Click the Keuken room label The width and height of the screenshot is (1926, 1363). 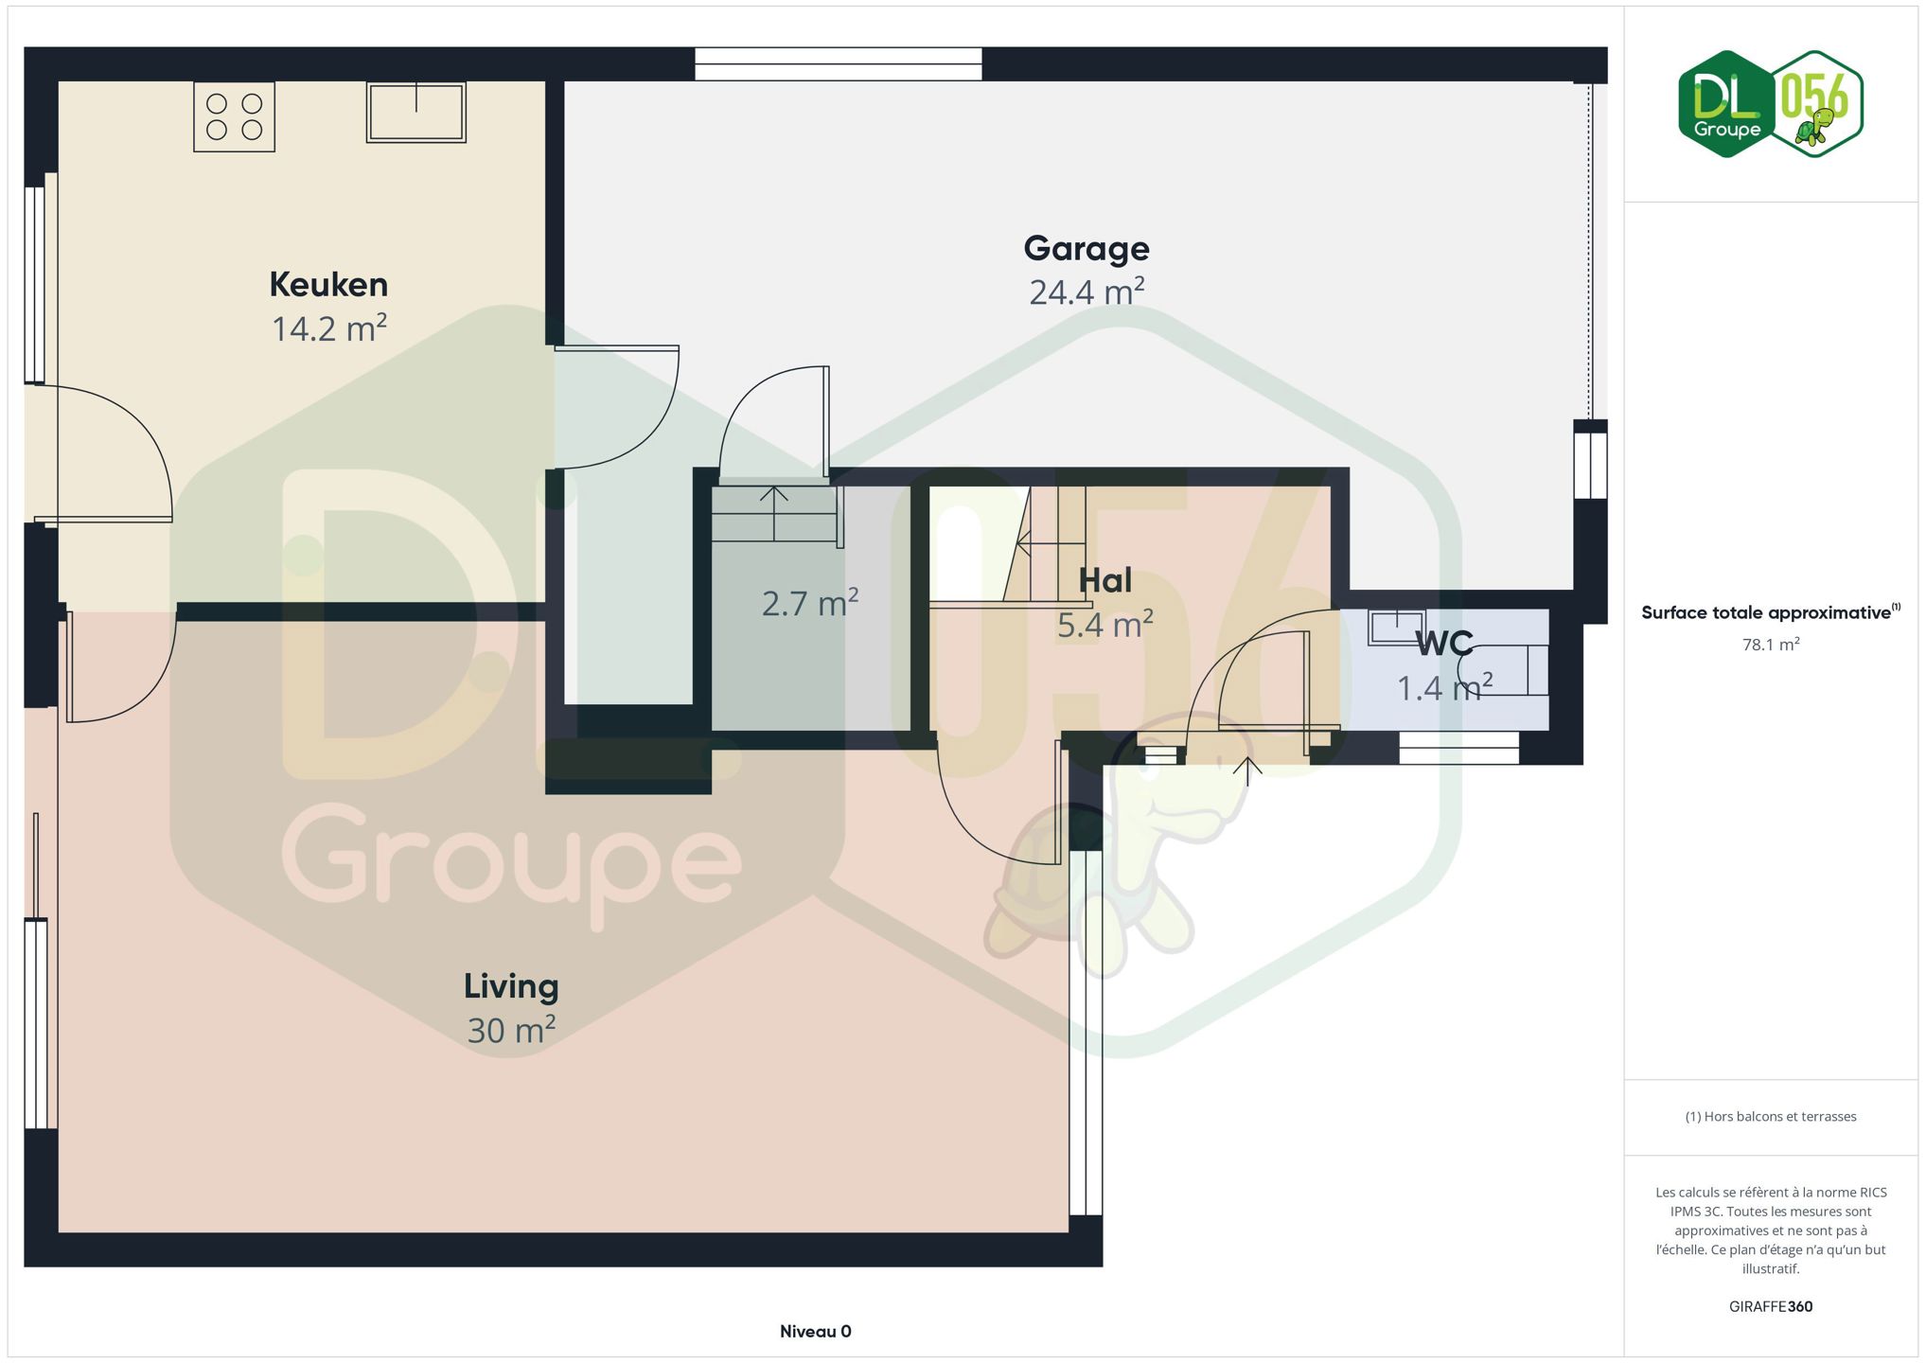click(x=328, y=284)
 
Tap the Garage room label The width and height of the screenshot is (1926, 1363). click(x=1087, y=249)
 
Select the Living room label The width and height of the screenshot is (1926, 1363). click(x=511, y=986)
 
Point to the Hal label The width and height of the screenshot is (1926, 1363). click(x=1105, y=580)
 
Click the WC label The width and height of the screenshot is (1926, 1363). click(x=1444, y=644)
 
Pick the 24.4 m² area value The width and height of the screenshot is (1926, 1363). click(x=1087, y=292)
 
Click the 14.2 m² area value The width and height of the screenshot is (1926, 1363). click(x=329, y=327)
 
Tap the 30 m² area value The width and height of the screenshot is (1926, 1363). click(x=511, y=1029)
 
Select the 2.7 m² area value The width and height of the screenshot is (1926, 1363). click(x=810, y=602)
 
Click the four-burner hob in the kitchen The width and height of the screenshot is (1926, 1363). click(x=235, y=116)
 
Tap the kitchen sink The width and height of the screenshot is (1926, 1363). click(x=416, y=112)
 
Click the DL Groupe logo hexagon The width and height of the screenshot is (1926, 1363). click(x=1726, y=104)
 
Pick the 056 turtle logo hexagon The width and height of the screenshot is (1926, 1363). click(x=1815, y=104)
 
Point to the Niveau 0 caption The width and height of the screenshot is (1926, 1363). click(x=816, y=1332)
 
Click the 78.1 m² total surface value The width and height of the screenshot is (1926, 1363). click(x=1771, y=645)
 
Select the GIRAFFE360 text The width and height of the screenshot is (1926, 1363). click(x=1771, y=1307)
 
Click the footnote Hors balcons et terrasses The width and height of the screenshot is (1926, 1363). click(x=1771, y=1117)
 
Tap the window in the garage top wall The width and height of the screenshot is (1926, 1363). click(x=839, y=63)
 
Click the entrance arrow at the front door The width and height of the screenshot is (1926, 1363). click(x=1248, y=771)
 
